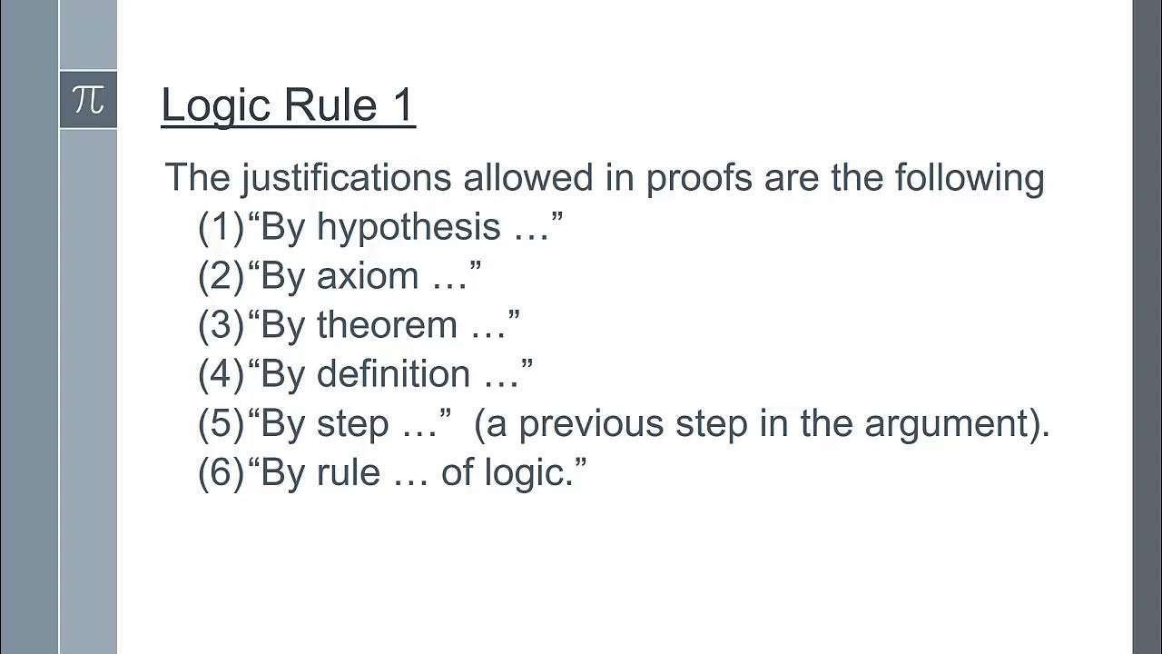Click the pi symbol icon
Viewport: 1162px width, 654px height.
coord(88,99)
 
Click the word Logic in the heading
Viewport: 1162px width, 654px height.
coord(218,104)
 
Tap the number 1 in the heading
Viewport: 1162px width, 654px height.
coord(403,104)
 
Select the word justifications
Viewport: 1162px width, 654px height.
coord(346,178)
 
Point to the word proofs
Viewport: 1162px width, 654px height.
coord(699,178)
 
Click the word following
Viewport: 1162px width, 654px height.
coord(970,178)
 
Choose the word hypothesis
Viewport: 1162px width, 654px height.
coord(409,227)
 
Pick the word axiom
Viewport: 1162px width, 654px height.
coord(368,276)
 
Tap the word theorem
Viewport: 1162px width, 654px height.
coord(387,325)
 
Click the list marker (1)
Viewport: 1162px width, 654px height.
coord(222,227)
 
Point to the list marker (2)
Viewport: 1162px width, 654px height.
coord(222,276)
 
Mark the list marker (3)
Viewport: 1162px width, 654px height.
coord(222,325)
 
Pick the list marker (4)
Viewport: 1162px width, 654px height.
coord(222,374)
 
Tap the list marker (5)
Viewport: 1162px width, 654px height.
coord(222,423)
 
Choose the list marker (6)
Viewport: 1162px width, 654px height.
coord(222,472)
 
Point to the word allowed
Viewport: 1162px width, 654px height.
coord(527,178)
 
